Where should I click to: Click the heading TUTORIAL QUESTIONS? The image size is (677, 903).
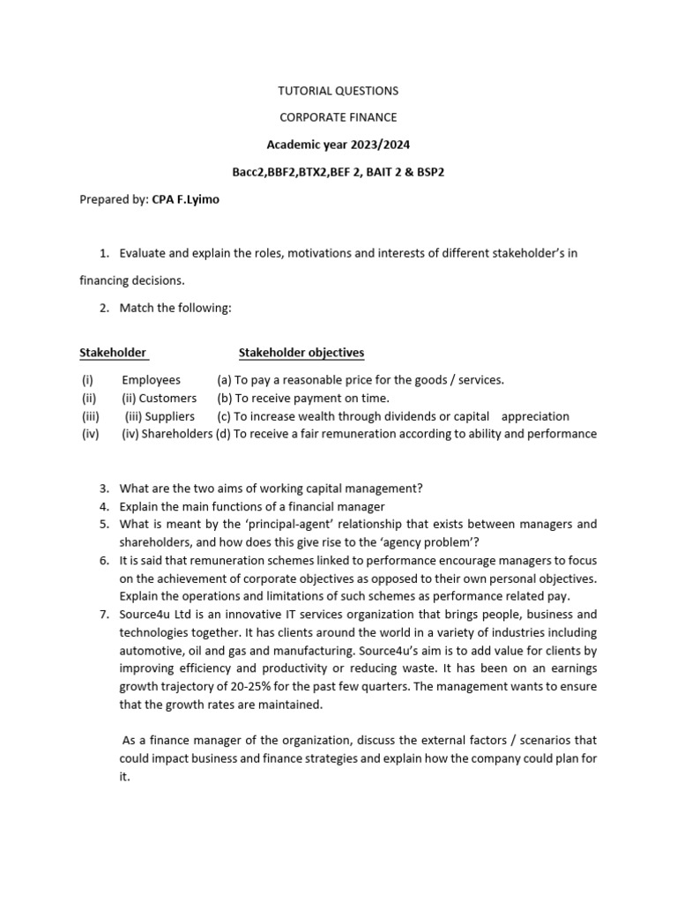tap(338, 91)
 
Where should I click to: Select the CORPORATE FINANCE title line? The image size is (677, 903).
tap(338, 116)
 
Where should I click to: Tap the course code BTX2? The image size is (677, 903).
tap(309, 172)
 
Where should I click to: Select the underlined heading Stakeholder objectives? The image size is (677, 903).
tap(301, 353)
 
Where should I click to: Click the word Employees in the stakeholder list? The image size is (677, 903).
tap(151, 380)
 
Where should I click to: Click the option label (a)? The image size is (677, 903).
tap(225, 380)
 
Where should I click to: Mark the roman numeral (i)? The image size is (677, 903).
tap(86, 380)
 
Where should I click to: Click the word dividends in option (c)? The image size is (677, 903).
tap(424, 416)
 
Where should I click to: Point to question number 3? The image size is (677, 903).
tap(103, 489)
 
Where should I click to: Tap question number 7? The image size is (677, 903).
tap(103, 615)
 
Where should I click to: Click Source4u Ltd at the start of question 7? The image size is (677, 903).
tap(156, 615)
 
